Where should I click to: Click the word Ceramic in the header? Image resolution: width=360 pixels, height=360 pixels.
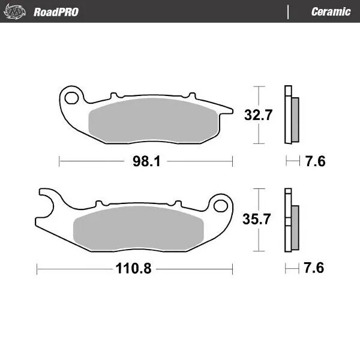coord(331,12)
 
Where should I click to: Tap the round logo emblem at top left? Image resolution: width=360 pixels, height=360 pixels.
coord(16,12)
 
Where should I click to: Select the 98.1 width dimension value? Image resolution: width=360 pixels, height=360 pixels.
coord(146,161)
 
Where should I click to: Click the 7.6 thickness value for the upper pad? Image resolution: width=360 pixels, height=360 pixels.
coord(315,161)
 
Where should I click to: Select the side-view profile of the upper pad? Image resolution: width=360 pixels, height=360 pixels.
coord(292,115)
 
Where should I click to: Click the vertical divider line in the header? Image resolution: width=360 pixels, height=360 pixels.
coord(288,12)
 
